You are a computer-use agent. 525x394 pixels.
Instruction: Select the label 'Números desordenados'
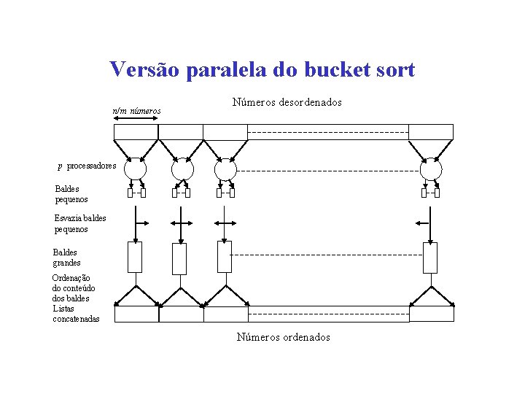(287, 103)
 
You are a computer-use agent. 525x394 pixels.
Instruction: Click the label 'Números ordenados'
(283, 337)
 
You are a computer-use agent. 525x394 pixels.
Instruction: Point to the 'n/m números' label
(136, 111)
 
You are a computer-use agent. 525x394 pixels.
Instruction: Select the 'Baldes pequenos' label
(71, 193)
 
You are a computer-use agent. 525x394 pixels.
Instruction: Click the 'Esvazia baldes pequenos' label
(80, 223)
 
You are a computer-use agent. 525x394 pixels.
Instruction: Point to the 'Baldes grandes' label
(67, 258)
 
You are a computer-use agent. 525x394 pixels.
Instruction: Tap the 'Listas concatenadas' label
(76, 314)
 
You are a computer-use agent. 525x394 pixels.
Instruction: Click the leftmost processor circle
(136, 169)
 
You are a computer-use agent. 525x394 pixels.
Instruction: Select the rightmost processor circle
(431, 169)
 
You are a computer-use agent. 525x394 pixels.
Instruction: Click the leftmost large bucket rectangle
(136, 257)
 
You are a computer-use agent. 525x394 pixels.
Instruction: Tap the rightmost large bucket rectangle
(431, 257)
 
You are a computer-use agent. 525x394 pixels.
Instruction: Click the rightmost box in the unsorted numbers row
(431, 132)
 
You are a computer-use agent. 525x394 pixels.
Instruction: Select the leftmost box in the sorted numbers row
(136, 314)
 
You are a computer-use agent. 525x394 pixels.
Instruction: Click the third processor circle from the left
(225, 169)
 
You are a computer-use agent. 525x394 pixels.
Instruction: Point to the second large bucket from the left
(180, 258)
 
